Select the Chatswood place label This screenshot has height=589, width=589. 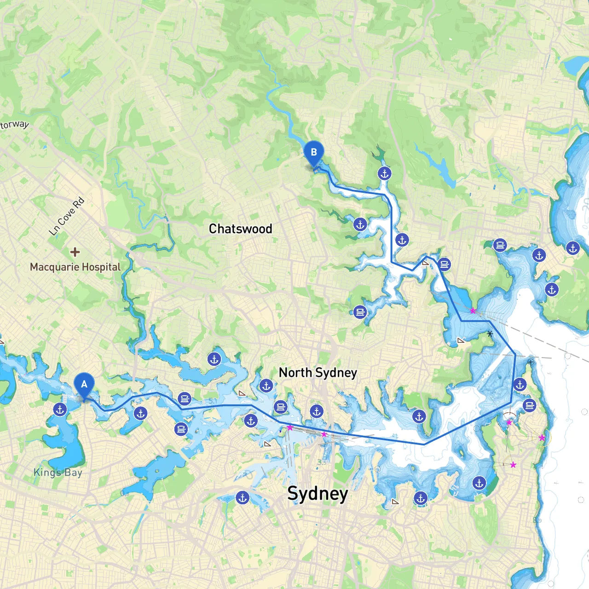pos(240,229)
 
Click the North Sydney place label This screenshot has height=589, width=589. pos(318,372)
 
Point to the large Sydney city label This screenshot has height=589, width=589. pos(318,493)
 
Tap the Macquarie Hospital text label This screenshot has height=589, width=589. pos(75,267)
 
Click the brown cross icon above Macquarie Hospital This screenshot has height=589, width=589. pos(75,252)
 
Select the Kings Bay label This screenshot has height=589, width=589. pos(58,472)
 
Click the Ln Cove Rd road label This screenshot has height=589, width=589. pos(67,216)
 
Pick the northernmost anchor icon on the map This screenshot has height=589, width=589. pos(385,173)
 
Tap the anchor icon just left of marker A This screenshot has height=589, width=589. pos(60,409)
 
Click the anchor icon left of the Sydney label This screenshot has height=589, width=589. pos(243,497)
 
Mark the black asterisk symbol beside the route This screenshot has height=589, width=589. pos(490,334)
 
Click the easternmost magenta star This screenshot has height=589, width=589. pos(542,438)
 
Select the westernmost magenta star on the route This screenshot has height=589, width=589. pos(290,427)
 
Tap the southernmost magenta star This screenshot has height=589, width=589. pos(513,465)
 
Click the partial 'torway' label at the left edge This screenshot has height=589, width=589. pos(14,125)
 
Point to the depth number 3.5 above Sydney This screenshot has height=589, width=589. pos(322,462)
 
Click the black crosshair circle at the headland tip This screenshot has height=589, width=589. pos(531,362)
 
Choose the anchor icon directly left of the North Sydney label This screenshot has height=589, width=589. pos(266,386)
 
